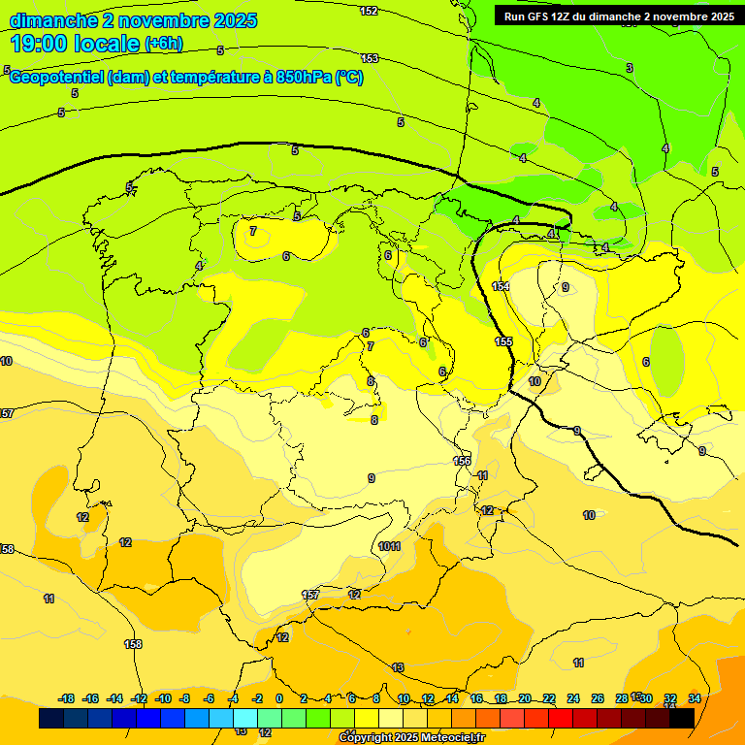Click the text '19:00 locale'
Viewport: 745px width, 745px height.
click(x=75, y=43)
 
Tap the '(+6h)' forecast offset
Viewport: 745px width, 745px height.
click(x=163, y=44)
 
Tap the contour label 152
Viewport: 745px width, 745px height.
click(x=369, y=11)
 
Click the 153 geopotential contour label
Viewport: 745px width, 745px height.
click(x=369, y=58)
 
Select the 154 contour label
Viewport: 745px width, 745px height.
click(x=501, y=286)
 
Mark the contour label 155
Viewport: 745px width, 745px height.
click(x=503, y=341)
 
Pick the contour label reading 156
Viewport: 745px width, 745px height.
click(x=462, y=461)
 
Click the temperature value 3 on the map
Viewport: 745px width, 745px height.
click(x=629, y=68)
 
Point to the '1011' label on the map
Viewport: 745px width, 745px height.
click(x=390, y=547)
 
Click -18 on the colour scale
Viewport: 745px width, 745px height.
click(x=66, y=698)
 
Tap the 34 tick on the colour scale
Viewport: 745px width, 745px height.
click(x=695, y=698)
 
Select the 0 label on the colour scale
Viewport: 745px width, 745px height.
click(x=279, y=698)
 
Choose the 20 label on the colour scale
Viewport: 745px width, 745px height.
click(x=525, y=698)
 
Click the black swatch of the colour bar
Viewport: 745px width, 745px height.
click(x=682, y=718)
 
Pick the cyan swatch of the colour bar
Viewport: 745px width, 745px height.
click(x=245, y=718)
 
